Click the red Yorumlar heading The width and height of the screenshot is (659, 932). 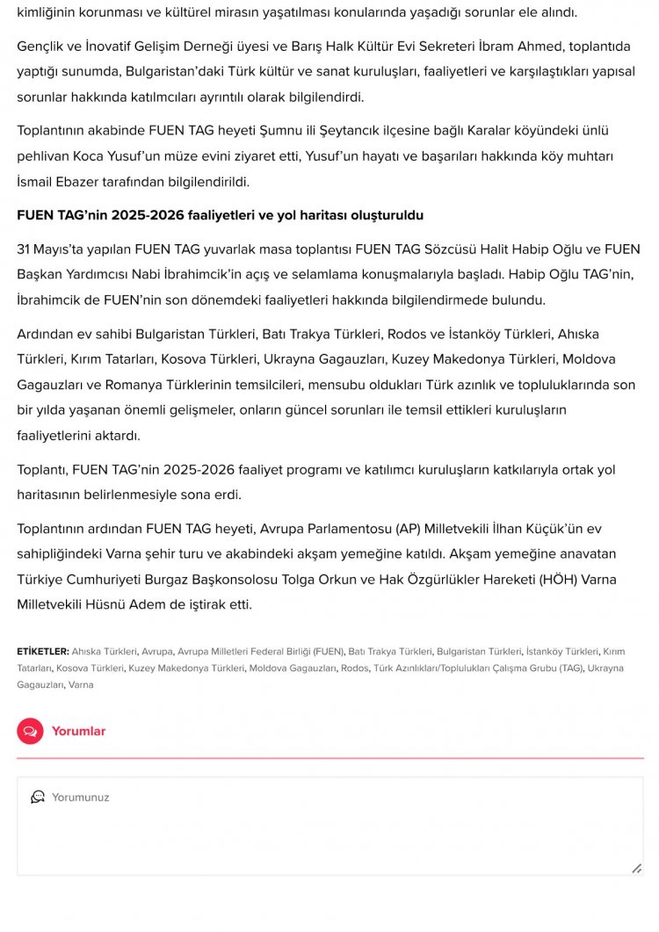coord(78,731)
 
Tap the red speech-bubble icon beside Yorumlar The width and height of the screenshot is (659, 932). coord(30,731)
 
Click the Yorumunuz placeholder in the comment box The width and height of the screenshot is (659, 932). coord(80,798)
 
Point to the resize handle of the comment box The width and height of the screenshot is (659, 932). coord(636,868)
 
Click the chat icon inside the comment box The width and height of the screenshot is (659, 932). coord(38,797)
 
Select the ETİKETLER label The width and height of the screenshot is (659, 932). coord(42,651)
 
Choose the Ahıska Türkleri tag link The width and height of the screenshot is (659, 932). coord(105,651)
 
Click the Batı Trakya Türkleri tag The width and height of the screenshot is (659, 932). coord(390,651)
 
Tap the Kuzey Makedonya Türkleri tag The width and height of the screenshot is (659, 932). coord(186,668)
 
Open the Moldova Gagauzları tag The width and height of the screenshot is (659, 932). coord(293,668)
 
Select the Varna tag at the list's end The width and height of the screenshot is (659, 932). coord(81,684)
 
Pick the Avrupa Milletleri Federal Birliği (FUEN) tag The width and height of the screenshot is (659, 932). coord(260,651)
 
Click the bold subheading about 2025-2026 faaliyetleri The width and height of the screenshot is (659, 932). coord(221,215)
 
